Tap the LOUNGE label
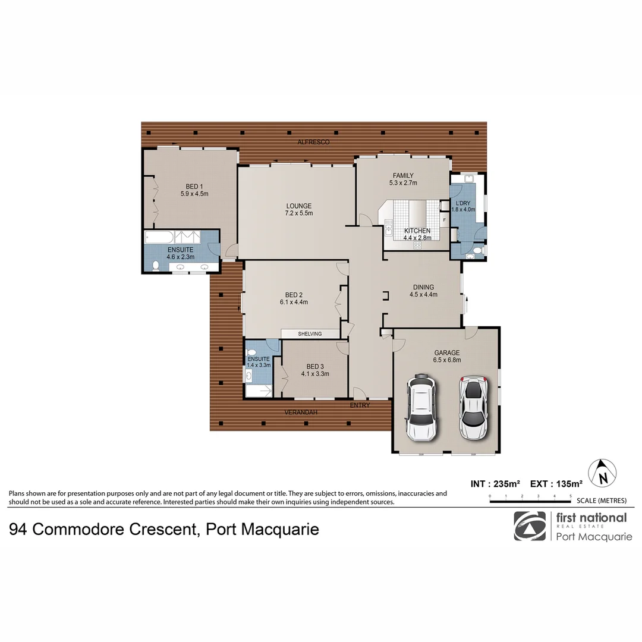click(x=299, y=206)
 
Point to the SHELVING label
click(x=310, y=334)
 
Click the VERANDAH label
click(x=299, y=412)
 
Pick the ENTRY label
click(x=360, y=405)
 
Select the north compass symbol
click(x=602, y=474)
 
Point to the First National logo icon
click(x=529, y=526)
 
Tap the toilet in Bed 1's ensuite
click(x=156, y=266)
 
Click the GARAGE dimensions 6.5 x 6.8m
click(x=447, y=360)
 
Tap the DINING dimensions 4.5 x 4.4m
click(x=423, y=294)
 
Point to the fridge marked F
click(x=445, y=220)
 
